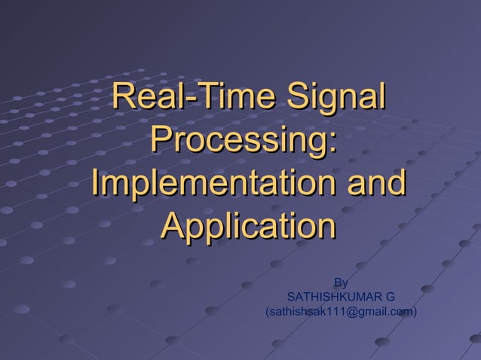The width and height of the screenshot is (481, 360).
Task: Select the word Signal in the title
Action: [x=332, y=99]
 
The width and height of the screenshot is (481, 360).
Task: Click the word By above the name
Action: [x=341, y=283]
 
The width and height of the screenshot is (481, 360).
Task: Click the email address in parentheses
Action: [x=341, y=311]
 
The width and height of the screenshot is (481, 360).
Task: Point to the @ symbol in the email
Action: [x=348, y=311]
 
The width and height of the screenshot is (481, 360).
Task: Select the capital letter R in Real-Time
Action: [x=123, y=99]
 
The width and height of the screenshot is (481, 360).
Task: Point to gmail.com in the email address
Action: [x=382, y=311]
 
